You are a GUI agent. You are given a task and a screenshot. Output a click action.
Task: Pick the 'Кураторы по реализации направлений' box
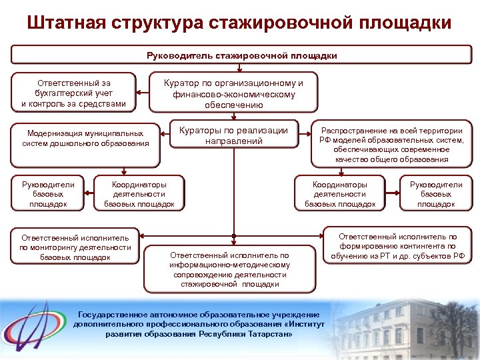click(x=233, y=135)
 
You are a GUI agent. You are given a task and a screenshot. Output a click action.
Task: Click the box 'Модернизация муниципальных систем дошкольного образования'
click(x=85, y=139)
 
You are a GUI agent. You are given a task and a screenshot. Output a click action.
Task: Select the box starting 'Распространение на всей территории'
click(x=392, y=145)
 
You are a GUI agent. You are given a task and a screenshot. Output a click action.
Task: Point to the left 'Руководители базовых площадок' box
click(x=48, y=194)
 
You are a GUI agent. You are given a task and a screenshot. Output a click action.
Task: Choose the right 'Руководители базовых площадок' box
click(x=435, y=194)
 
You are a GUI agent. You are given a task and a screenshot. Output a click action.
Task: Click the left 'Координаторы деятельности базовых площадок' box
click(x=139, y=194)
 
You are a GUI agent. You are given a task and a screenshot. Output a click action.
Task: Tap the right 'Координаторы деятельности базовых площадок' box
click(x=340, y=194)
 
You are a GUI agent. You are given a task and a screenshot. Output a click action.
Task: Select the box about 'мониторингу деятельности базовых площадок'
click(x=75, y=247)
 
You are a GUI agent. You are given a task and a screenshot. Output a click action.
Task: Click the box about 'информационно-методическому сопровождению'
click(x=229, y=269)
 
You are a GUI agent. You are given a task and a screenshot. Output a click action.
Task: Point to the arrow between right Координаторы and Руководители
click(x=392, y=194)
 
